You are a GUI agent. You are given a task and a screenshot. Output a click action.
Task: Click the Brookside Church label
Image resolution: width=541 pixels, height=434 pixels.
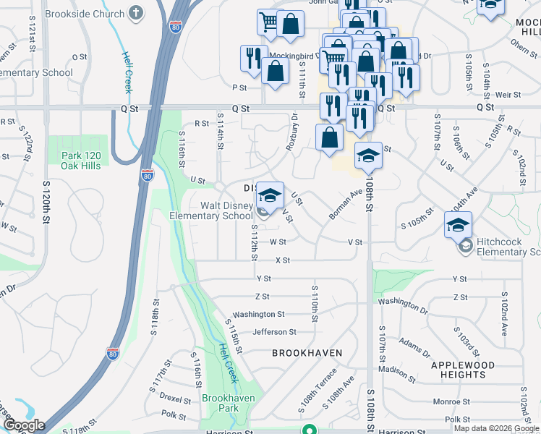click(x=84, y=14)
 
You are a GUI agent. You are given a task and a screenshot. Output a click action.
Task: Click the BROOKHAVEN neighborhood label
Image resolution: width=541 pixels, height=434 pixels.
click(x=307, y=353)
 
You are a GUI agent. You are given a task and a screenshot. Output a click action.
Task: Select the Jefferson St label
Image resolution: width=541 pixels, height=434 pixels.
click(x=274, y=332)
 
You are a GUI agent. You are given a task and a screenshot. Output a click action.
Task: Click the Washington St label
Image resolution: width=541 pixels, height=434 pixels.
click(x=259, y=315)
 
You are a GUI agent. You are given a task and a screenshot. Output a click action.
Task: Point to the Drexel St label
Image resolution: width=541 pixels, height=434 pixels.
click(x=175, y=397)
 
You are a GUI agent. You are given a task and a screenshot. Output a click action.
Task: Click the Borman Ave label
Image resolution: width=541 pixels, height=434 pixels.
click(x=345, y=205)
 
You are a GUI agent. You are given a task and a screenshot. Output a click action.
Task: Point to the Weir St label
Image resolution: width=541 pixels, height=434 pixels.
click(x=508, y=95)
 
